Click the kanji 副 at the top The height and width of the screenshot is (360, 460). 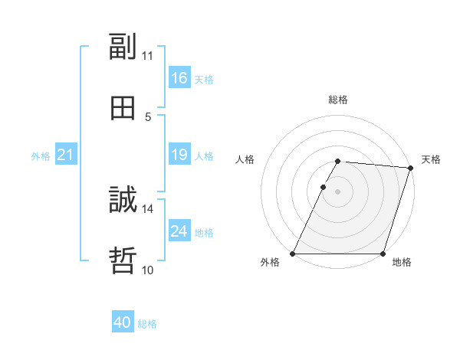[123, 46]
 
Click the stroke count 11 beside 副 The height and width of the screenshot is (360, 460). [147, 56]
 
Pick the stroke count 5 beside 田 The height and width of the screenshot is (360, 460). [148, 117]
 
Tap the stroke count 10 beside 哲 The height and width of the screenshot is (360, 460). [147, 270]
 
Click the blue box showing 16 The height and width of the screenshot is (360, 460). [179, 78]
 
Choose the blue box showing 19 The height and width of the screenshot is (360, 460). [179, 155]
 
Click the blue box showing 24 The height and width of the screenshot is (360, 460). [179, 231]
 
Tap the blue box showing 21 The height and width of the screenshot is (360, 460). [66, 155]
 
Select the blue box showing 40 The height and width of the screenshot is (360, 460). [123, 323]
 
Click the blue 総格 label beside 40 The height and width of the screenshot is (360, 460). [147, 324]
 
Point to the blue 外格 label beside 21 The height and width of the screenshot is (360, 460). [41, 155]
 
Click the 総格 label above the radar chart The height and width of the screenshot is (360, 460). [338, 100]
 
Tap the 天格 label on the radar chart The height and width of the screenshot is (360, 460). [431, 159]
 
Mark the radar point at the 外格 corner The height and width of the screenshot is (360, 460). [293, 254]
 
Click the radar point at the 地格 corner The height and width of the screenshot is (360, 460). [383, 254]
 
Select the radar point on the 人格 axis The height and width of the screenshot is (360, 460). [323, 187]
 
